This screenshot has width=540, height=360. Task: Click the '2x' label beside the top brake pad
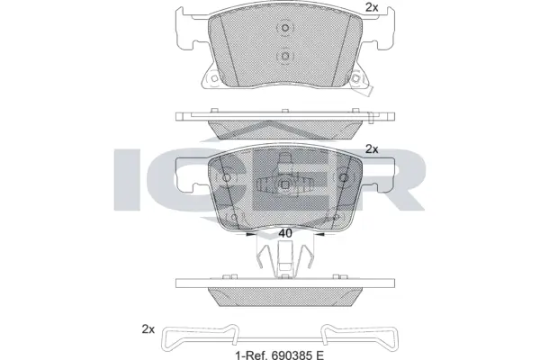(372, 8)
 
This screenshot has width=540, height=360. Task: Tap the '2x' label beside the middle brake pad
(372, 149)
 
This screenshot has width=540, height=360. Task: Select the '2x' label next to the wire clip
(148, 329)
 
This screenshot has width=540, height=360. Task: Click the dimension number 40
(285, 233)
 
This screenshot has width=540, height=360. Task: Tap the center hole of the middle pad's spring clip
(284, 185)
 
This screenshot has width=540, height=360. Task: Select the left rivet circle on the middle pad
(227, 178)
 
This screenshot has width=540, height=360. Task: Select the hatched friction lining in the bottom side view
(284, 298)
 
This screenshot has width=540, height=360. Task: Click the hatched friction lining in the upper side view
(284, 127)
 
